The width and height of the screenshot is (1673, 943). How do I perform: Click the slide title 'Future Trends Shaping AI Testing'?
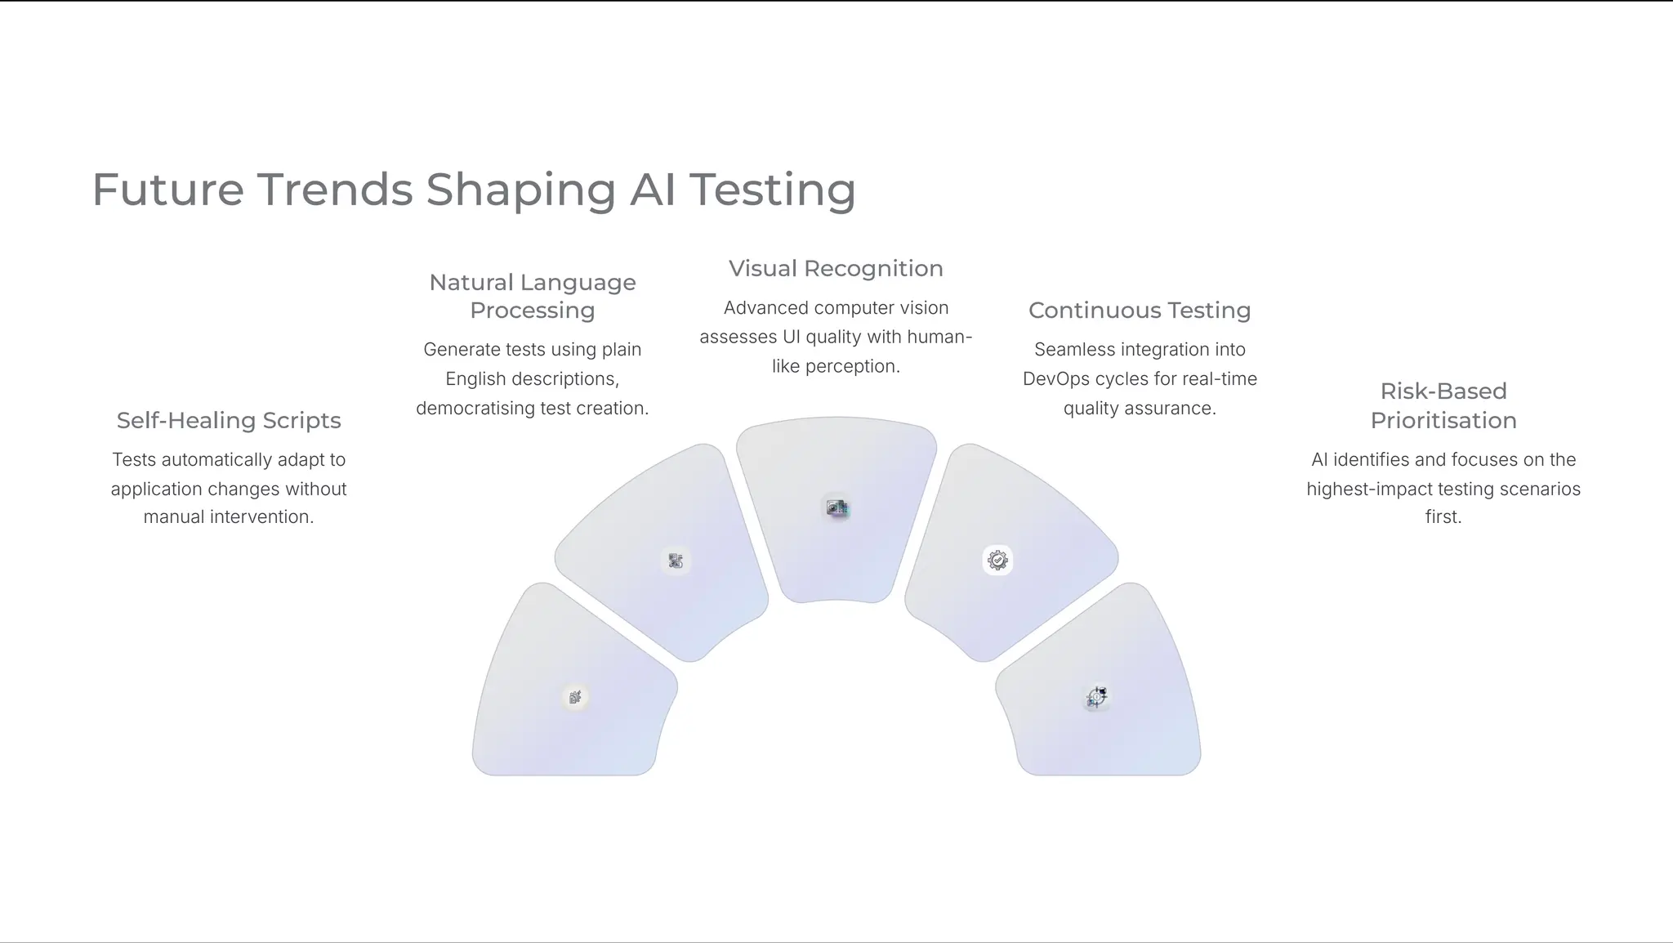[474, 190]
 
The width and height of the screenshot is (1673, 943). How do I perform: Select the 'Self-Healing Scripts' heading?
[229, 420]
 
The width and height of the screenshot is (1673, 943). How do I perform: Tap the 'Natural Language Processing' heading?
[533, 296]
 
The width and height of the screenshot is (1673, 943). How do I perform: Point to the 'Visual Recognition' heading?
[836, 268]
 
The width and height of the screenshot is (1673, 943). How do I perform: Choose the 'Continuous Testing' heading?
[1140, 311]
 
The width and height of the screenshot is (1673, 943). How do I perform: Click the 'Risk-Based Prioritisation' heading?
[1443, 405]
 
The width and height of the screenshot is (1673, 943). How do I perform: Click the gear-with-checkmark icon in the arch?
[997, 561]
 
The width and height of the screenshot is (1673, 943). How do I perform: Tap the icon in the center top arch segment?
[836, 508]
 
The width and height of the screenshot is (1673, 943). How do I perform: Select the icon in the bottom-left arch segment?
[575, 697]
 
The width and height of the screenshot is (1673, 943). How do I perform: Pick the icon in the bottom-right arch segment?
[1097, 697]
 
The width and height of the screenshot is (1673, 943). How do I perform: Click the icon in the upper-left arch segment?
[676, 561]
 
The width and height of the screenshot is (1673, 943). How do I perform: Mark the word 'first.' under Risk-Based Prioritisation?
[1443, 517]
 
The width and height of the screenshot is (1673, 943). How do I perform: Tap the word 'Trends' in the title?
[336, 190]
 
